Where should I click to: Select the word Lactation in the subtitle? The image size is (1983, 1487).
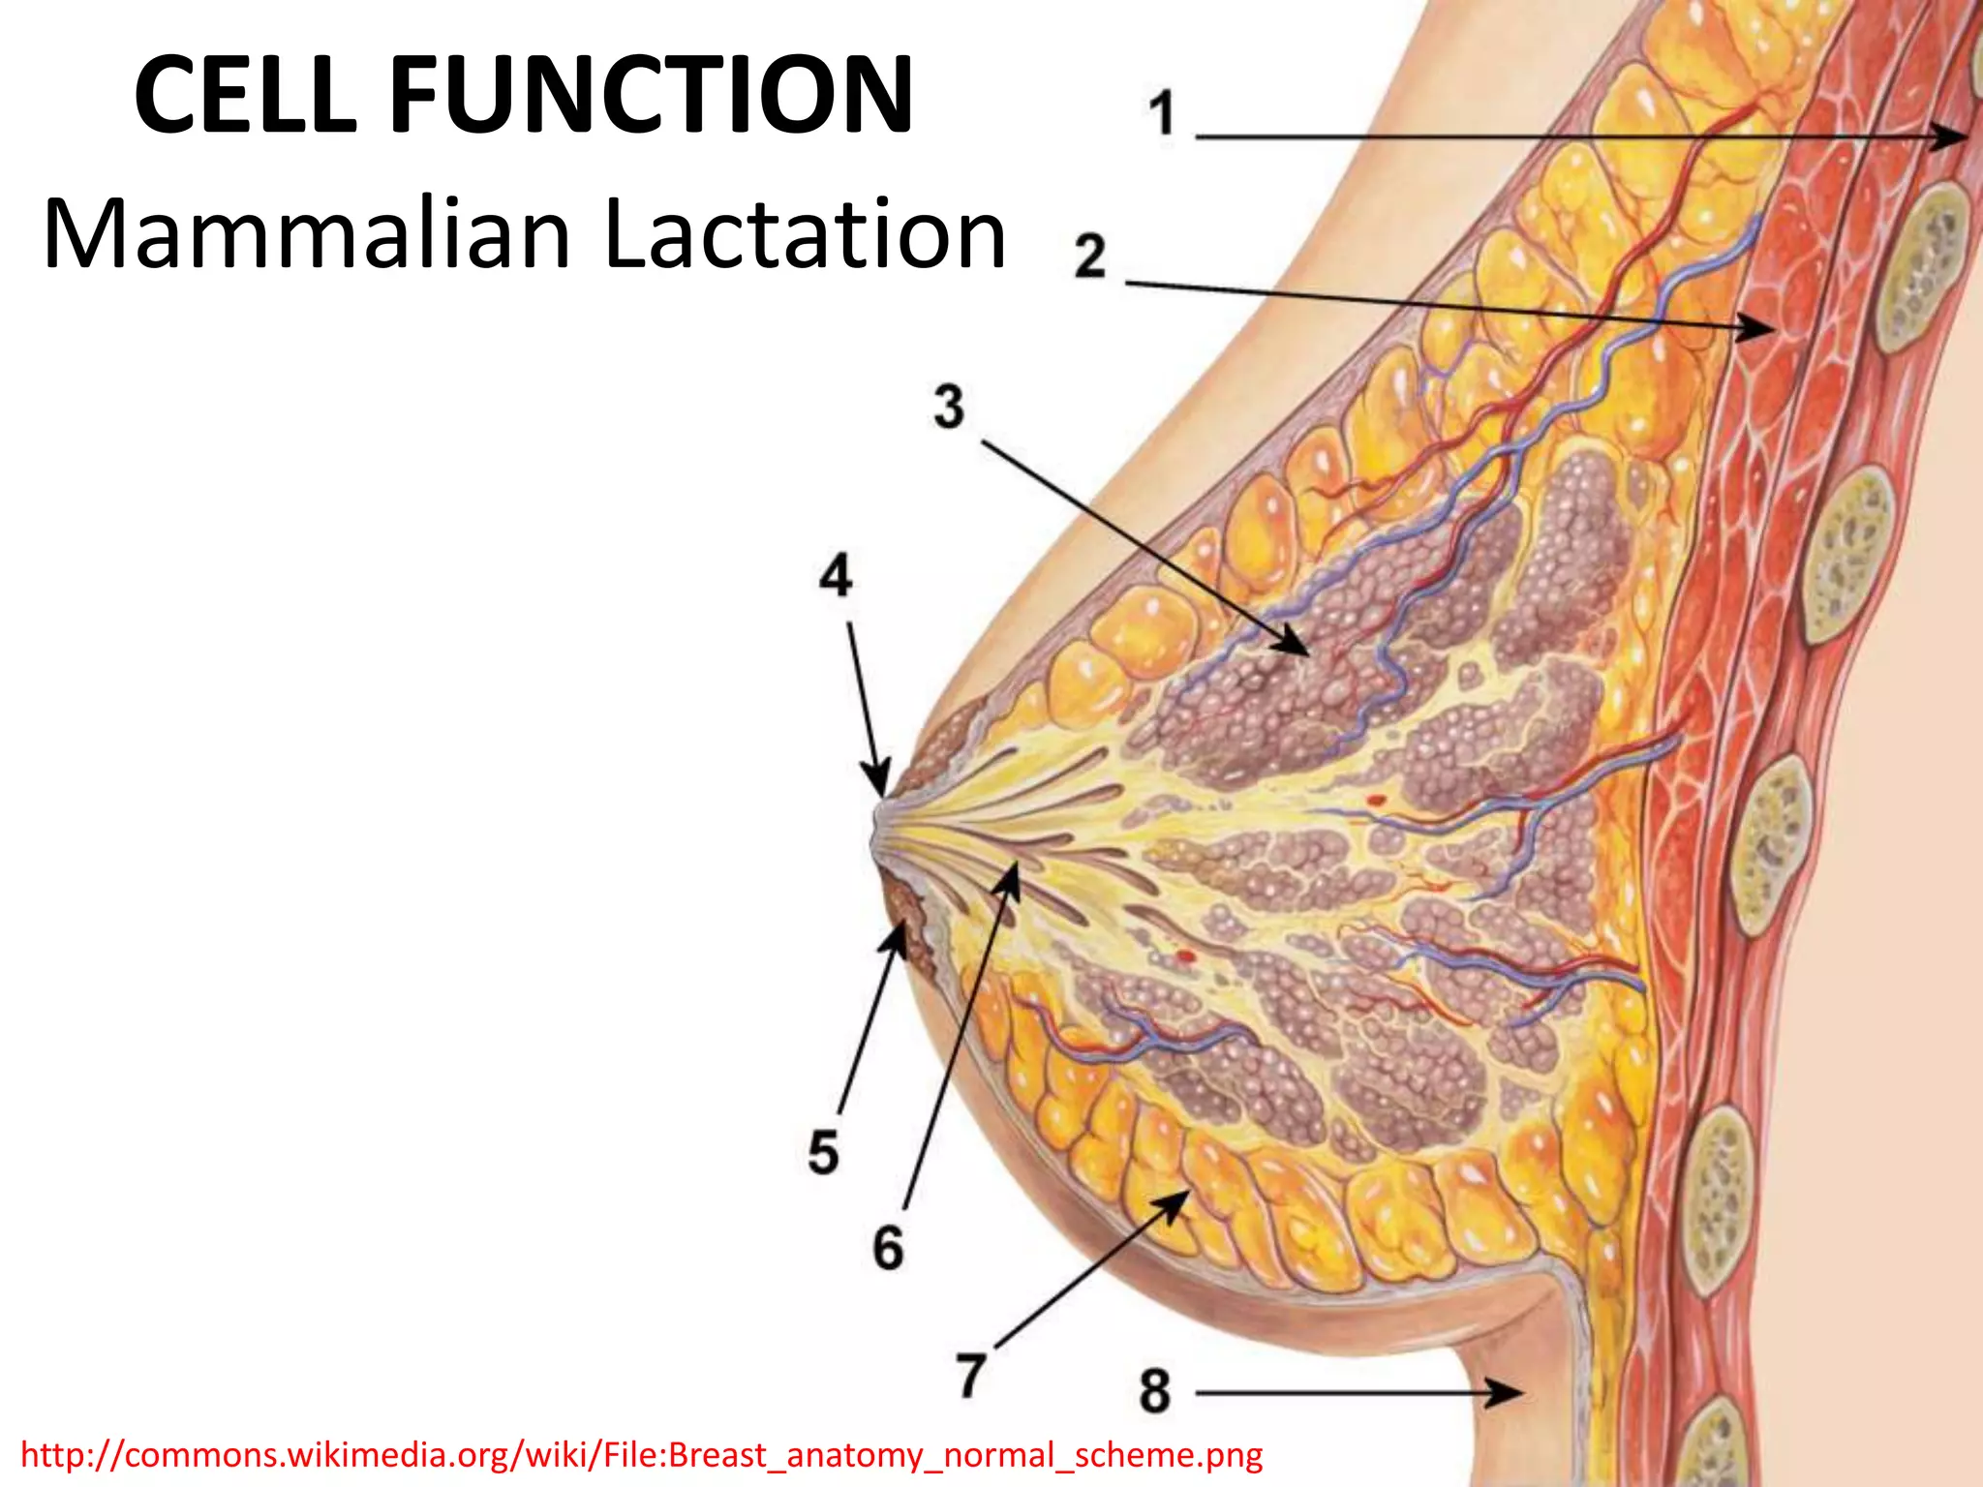tap(805, 234)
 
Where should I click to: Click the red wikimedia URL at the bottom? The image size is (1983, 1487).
tap(641, 1455)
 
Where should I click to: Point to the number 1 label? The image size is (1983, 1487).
tap(1162, 114)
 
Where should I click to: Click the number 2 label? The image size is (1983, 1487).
tap(1089, 257)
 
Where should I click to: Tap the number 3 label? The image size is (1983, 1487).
tap(949, 407)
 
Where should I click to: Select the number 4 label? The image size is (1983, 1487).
tap(836, 576)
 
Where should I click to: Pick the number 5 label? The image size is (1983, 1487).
tap(823, 1153)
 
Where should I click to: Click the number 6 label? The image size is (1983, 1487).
tap(888, 1247)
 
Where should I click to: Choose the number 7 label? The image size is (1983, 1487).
tap(971, 1375)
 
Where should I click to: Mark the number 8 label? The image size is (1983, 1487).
tap(1154, 1391)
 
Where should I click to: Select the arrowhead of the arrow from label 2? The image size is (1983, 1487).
tap(1757, 326)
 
